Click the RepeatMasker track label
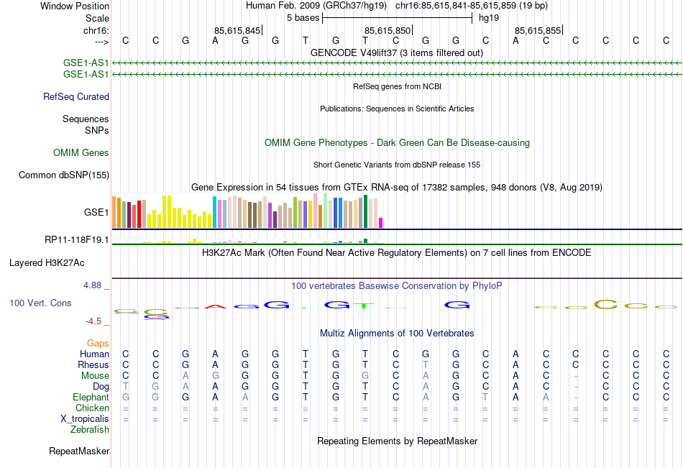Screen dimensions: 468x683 tap(79, 451)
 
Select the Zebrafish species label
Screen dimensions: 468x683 tap(90, 430)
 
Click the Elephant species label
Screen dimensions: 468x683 tap(91, 397)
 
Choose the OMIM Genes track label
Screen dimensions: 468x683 tap(81, 153)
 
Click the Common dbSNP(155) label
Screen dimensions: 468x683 tap(64, 175)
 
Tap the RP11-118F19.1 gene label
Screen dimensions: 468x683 tap(76, 240)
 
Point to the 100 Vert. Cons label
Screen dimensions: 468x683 tap(40, 303)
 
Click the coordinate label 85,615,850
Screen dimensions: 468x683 tap(388, 30)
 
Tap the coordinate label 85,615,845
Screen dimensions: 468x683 tap(237, 30)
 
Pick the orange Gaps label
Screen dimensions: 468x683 tap(98, 344)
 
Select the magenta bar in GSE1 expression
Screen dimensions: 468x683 tap(381, 222)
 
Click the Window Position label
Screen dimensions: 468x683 tap(75, 6)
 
